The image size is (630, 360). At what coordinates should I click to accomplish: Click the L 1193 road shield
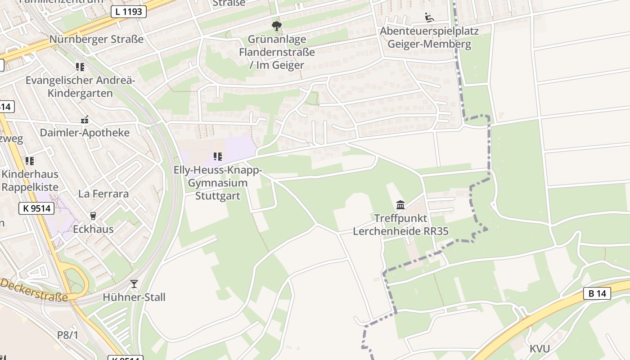(x=129, y=12)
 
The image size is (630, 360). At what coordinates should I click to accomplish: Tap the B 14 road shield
(x=597, y=293)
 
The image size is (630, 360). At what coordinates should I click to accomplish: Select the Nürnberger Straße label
(x=96, y=39)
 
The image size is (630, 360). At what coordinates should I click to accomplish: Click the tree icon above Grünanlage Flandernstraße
(x=277, y=26)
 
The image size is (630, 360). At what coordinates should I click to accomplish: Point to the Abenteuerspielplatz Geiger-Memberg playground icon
(x=429, y=18)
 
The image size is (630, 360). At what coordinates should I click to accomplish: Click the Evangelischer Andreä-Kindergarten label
(x=80, y=87)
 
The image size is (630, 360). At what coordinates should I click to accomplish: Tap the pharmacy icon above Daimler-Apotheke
(x=85, y=120)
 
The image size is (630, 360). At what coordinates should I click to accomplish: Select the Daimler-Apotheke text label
(x=85, y=133)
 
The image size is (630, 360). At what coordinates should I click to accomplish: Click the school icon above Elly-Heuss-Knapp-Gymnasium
(x=218, y=157)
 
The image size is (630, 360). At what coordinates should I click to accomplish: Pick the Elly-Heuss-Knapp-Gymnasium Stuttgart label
(x=218, y=183)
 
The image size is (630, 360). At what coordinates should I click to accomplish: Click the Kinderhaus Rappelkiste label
(x=30, y=180)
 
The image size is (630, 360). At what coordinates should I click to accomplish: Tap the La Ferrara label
(x=103, y=194)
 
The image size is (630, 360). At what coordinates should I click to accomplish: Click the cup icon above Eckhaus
(x=93, y=216)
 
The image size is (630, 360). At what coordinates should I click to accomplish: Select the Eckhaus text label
(x=93, y=229)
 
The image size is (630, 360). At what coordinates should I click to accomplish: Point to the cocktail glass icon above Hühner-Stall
(x=134, y=284)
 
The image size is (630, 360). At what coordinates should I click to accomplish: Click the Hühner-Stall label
(x=134, y=297)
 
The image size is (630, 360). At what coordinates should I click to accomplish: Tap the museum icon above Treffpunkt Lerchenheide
(x=400, y=205)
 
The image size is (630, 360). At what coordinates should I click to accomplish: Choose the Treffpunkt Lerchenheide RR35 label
(x=400, y=225)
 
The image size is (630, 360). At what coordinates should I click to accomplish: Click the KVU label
(x=540, y=349)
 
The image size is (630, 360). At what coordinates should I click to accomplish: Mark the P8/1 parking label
(x=67, y=335)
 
